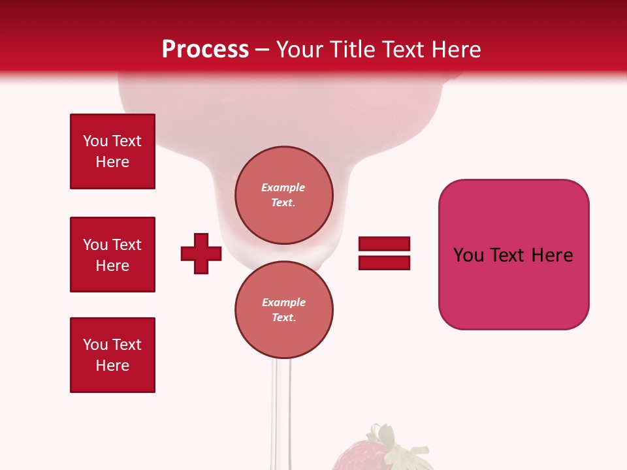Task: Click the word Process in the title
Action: [x=205, y=50]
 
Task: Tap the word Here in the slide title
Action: [x=456, y=50]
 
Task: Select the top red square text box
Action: [x=112, y=151]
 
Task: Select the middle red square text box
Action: [x=112, y=255]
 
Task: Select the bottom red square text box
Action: [x=112, y=355]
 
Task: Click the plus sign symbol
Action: [x=201, y=253]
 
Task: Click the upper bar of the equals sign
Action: [x=384, y=244]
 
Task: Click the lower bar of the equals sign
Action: [x=384, y=262]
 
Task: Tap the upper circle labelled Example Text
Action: [x=283, y=195]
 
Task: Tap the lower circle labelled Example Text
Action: [x=283, y=309]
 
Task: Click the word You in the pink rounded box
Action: [x=468, y=255]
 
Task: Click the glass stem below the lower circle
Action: [x=282, y=405]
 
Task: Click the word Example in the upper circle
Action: [x=283, y=187]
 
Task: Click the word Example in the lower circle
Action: [x=283, y=302]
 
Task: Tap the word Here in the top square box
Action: [x=112, y=162]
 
